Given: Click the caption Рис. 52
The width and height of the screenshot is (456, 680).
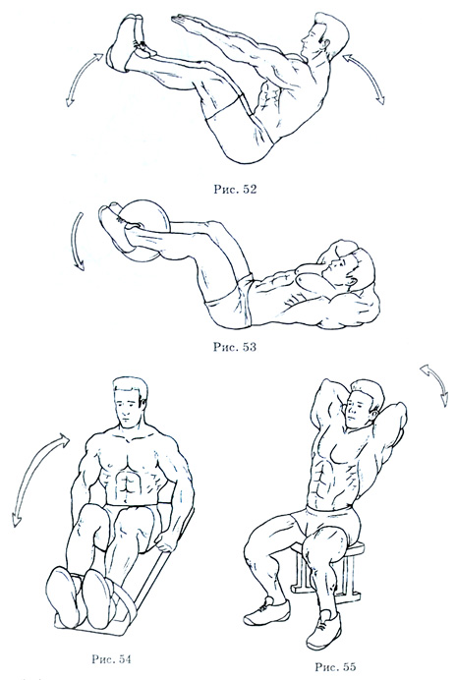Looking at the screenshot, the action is [x=235, y=189].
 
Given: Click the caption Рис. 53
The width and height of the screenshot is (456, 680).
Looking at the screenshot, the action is [x=234, y=347].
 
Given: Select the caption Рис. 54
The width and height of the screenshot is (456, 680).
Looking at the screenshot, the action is [x=111, y=659].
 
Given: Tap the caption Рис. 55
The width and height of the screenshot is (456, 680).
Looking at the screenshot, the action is [x=335, y=666].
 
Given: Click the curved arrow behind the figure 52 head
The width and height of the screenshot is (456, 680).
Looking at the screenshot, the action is [x=367, y=78].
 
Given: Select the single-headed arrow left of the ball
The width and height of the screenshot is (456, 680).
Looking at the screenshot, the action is [x=77, y=241].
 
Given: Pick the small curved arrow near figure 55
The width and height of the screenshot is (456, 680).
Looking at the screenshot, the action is [x=436, y=383].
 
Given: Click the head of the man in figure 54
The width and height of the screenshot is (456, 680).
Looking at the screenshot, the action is [x=130, y=401].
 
